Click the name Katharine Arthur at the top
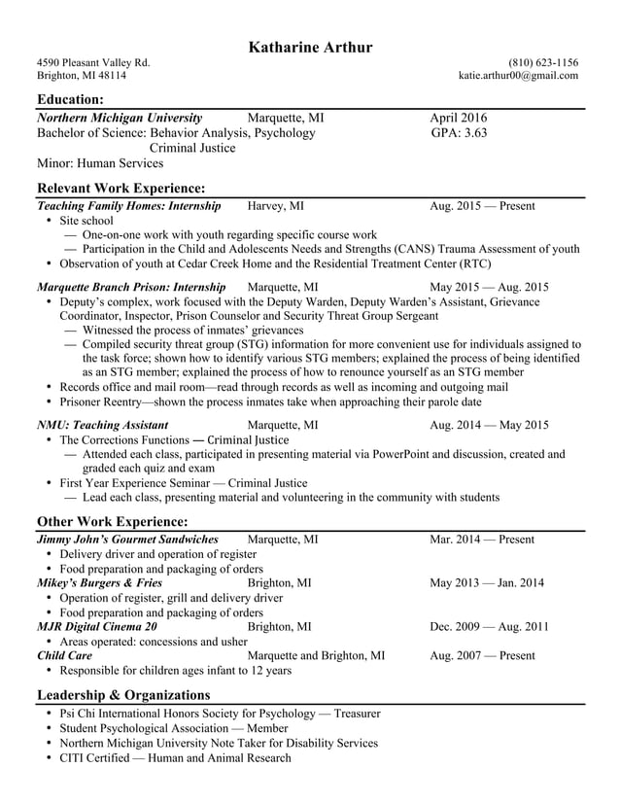tap(310, 47)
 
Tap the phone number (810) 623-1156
tap(542, 62)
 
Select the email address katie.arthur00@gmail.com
tap(518, 75)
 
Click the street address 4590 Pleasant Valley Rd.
tap(93, 62)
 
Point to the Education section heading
tap(70, 99)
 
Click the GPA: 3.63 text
tap(459, 133)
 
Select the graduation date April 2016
tap(459, 118)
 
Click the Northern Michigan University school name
tap(120, 118)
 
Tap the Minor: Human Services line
tap(100, 163)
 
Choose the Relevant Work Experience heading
tap(121, 188)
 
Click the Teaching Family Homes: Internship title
tap(128, 206)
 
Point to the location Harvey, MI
tap(276, 206)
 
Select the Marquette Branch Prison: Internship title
tap(131, 287)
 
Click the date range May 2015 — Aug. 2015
tap(489, 287)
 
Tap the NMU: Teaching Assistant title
tap(102, 425)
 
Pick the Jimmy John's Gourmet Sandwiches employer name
tap(127, 539)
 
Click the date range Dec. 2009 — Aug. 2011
tap(489, 627)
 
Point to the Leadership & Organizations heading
tap(123, 694)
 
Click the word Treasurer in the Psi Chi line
tap(357, 714)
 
